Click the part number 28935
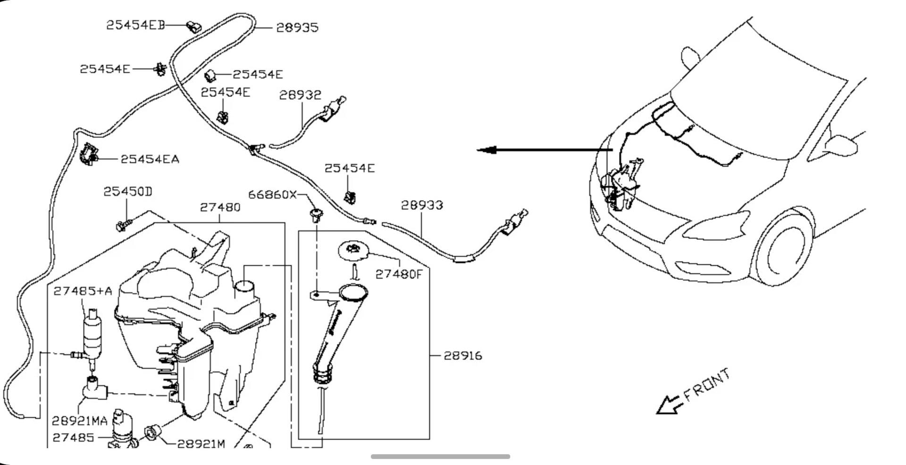tap(297, 27)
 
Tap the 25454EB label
tap(135, 25)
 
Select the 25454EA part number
tap(150, 159)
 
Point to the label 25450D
tap(128, 192)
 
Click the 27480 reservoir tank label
tap(220, 207)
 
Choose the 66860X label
tap(272, 194)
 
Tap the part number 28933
tap(422, 205)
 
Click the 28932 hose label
tap(300, 95)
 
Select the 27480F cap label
tap(399, 274)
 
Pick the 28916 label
tap(463, 355)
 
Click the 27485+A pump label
tap(83, 291)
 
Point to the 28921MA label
tap(80, 421)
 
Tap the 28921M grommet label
tap(201, 444)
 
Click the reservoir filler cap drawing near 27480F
tap(353, 250)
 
